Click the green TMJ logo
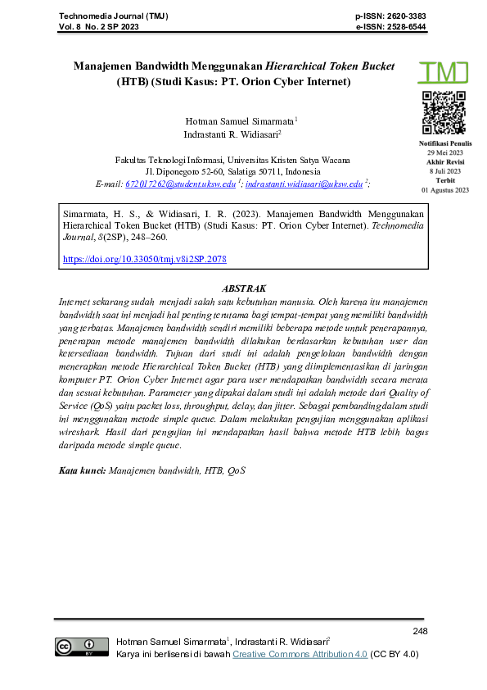pos(444,71)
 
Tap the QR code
pos(444,113)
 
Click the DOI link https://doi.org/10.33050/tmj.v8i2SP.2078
pos(145,259)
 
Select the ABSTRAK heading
pos(244,288)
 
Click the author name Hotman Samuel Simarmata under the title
pos(240,120)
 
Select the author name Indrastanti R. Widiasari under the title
pos(232,134)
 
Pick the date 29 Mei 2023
pos(444,153)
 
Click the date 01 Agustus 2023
pos(444,189)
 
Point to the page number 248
pos(421,631)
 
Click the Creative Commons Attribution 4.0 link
pos(300,654)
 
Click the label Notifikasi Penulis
pos(444,144)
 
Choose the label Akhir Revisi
pos(444,162)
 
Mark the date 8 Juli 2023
pos(444,171)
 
